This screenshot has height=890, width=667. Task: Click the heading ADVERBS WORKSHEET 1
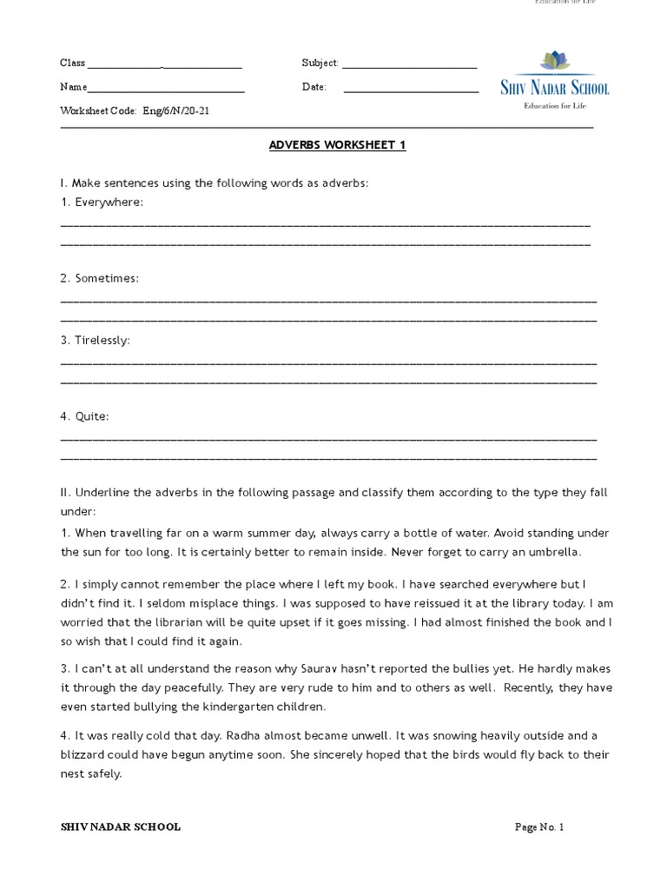coord(337,145)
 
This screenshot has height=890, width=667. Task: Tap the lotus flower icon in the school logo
coord(554,62)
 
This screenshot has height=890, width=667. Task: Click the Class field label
coord(72,63)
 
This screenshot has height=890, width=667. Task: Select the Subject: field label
coord(320,63)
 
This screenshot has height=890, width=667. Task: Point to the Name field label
coord(73,87)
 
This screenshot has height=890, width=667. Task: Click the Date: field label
coord(314,87)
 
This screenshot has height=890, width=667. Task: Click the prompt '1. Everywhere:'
coord(102,202)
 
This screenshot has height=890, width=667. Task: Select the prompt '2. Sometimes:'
coord(99,278)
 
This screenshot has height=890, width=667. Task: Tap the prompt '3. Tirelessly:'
coord(95,340)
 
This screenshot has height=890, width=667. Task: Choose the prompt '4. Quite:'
coord(84,416)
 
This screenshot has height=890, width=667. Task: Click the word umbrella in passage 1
coord(556,552)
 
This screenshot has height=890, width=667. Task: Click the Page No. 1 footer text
coord(539,827)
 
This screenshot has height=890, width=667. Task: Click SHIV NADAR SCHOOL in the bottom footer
coord(120,827)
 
